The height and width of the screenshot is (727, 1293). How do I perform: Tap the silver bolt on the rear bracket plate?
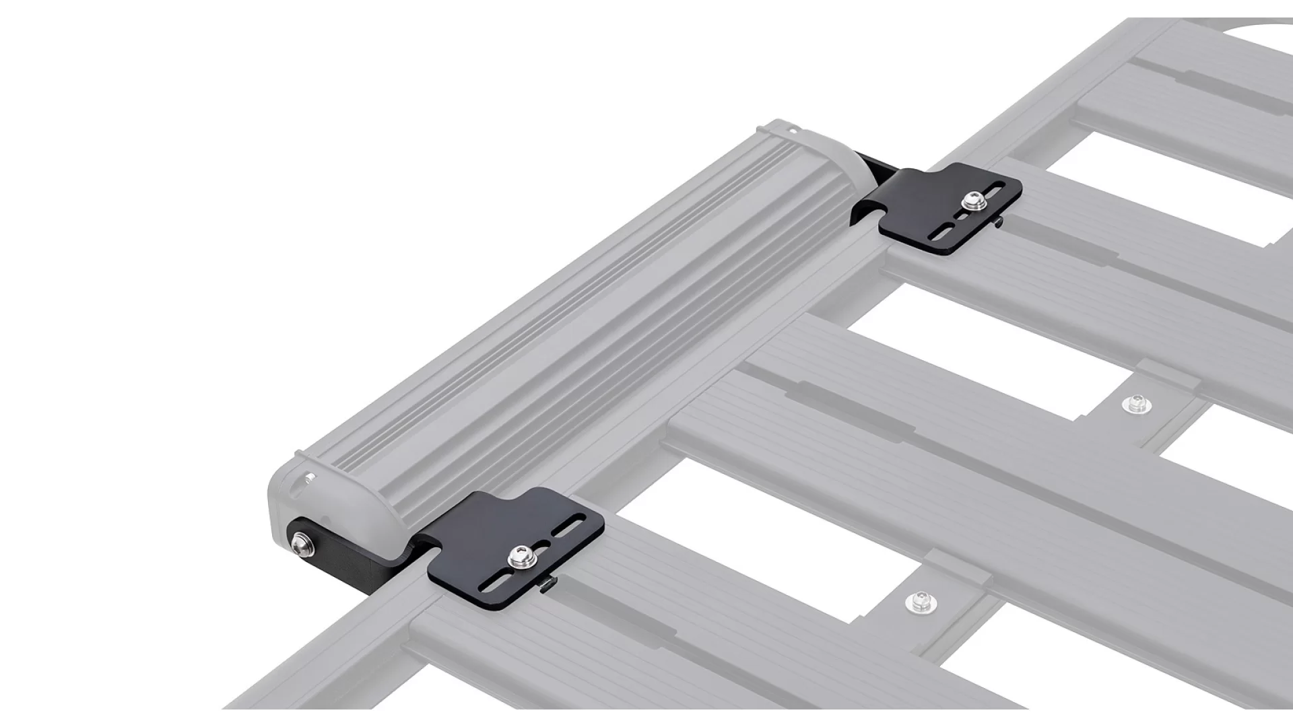point(971,200)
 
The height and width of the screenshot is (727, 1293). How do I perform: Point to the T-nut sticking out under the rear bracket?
point(998,219)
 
